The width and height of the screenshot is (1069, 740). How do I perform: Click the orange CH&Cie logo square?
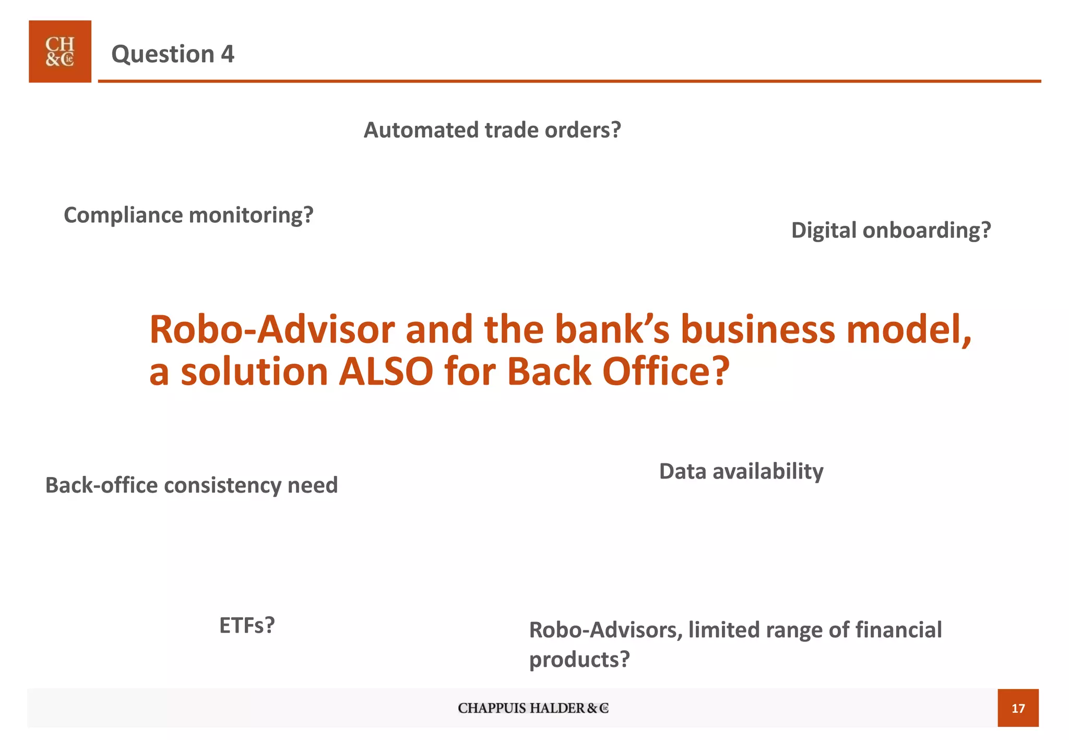60,52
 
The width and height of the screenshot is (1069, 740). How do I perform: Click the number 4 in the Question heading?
228,54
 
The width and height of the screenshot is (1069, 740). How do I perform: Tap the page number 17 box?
1017,708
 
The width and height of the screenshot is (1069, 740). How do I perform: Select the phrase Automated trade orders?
492,130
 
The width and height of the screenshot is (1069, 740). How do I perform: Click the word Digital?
824,230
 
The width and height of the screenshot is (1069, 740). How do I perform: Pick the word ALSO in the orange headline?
386,372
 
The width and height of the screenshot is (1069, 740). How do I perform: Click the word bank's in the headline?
612,330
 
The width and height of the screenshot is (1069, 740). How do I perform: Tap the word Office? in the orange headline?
666,372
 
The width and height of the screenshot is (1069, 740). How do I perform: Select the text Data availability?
741,471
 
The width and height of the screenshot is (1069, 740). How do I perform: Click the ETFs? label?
247,625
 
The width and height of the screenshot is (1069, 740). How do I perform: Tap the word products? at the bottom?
579,660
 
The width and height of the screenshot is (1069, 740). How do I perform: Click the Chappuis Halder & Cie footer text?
533,708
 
